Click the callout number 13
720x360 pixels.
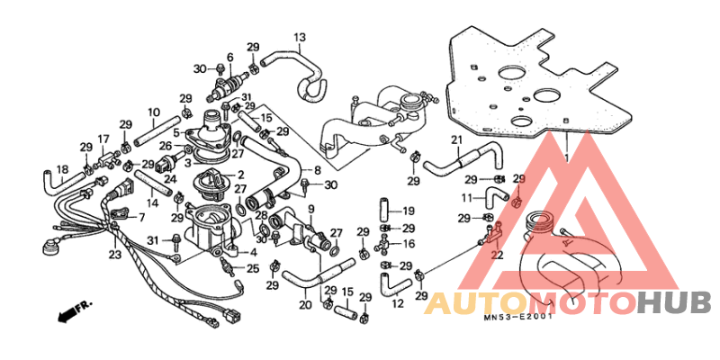tap(300, 37)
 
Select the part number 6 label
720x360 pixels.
tap(230, 57)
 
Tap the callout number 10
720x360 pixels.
tap(153, 112)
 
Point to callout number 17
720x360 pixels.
tap(103, 139)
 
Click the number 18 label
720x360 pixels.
tap(62, 169)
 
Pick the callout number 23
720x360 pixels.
tap(115, 254)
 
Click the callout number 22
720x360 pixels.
tap(498, 254)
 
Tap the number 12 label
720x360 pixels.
tap(398, 303)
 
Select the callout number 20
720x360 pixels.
tap(305, 304)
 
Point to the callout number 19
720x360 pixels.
tap(409, 211)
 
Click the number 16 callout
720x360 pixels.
tap(409, 243)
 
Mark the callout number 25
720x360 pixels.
tap(253, 268)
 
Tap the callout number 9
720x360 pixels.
tap(310, 210)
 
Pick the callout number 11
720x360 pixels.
tap(467, 198)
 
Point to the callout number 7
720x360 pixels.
tap(140, 216)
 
